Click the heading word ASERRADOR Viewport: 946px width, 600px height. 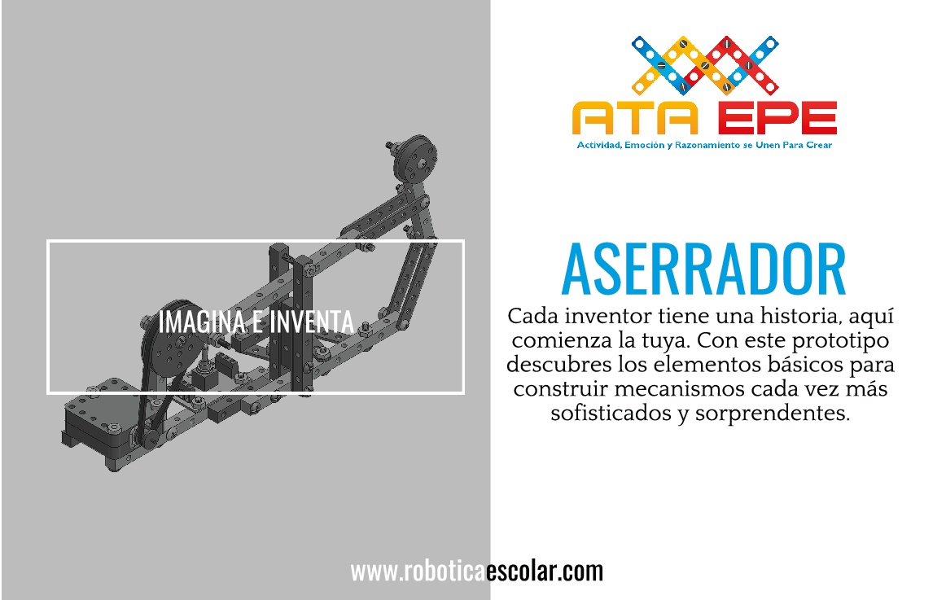click(x=703, y=269)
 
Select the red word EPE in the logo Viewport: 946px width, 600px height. click(x=777, y=117)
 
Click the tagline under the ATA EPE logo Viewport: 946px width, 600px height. click(x=704, y=146)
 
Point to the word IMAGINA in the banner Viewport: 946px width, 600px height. click(x=202, y=322)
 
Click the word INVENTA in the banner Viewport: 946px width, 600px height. click(x=311, y=322)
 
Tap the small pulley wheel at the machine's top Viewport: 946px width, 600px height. click(x=415, y=158)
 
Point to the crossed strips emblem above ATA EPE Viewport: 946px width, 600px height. click(x=705, y=64)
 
